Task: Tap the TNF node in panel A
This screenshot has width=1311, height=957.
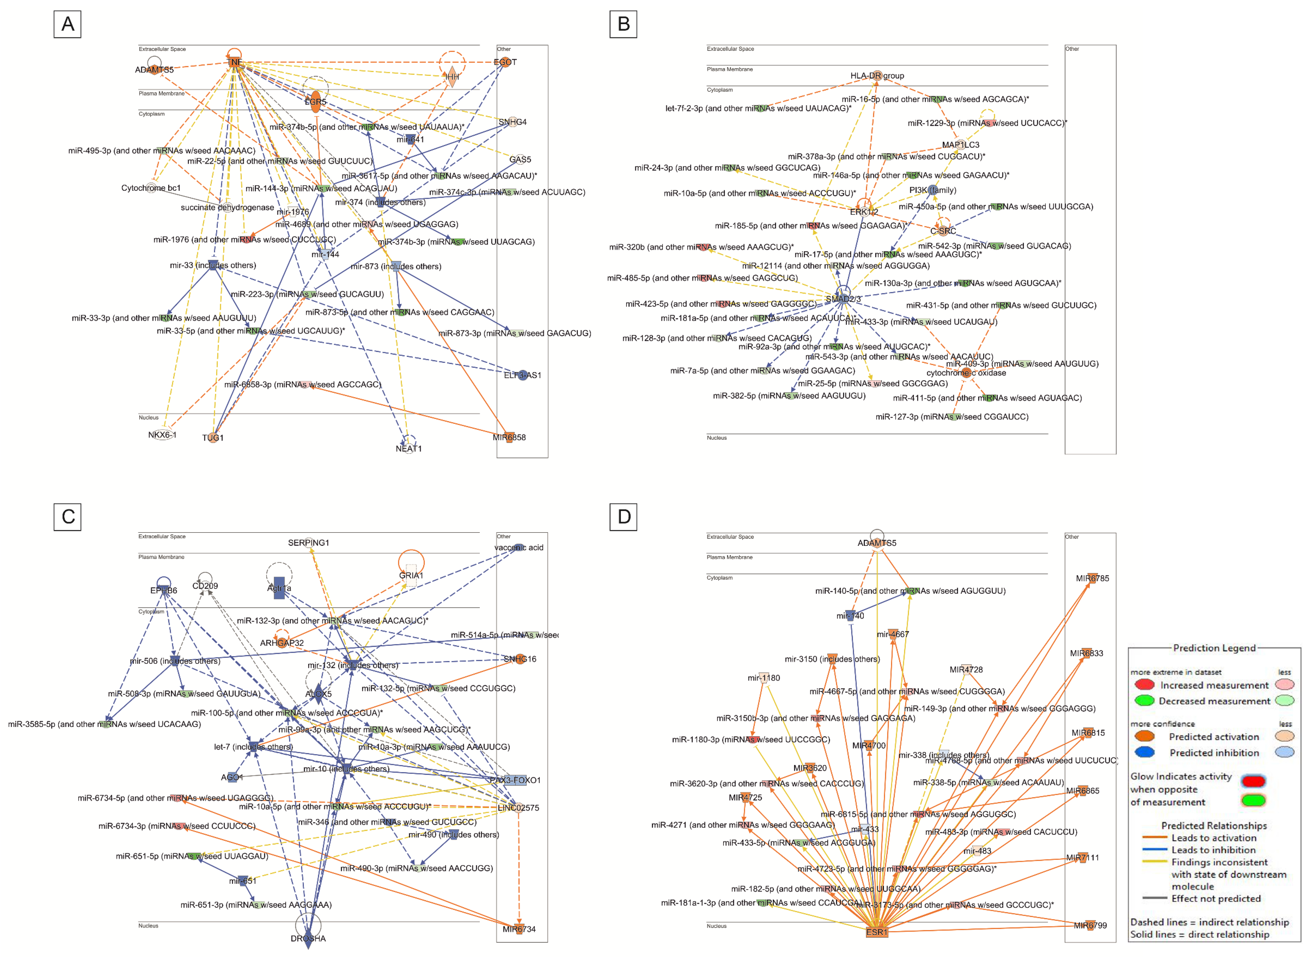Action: (234, 62)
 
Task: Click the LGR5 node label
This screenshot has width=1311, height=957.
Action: (315, 102)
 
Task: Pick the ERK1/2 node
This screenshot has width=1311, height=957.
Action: (864, 211)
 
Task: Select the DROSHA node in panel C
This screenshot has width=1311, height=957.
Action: (308, 938)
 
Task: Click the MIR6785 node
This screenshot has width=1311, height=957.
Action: (1092, 578)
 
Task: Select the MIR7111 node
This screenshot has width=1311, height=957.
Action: (1082, 857)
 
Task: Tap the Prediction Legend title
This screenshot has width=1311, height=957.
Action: (1214, 648)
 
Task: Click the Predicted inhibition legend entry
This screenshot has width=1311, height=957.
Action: (1214, 753)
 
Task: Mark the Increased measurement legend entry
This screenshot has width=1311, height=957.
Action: (1214, 685)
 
